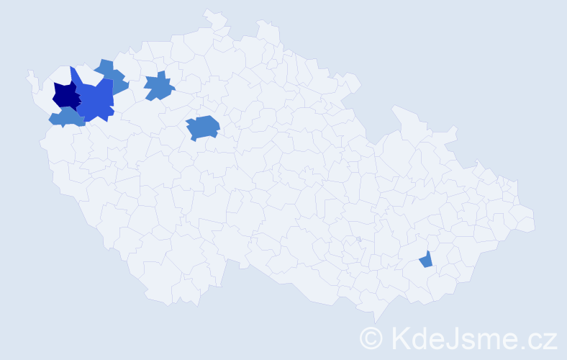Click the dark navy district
click(x=65, y=96)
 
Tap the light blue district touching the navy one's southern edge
click(x=67, y=117)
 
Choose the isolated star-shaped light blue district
click(x=159, y=87)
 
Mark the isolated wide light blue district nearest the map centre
click(x=203, y=127)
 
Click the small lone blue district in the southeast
click(x=426, y=260)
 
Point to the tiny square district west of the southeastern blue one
click(x=358, y=239)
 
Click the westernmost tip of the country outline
click(x=29, y=73)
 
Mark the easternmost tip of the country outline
click(x=534, y=224)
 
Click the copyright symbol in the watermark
click(x=371, y=338)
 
